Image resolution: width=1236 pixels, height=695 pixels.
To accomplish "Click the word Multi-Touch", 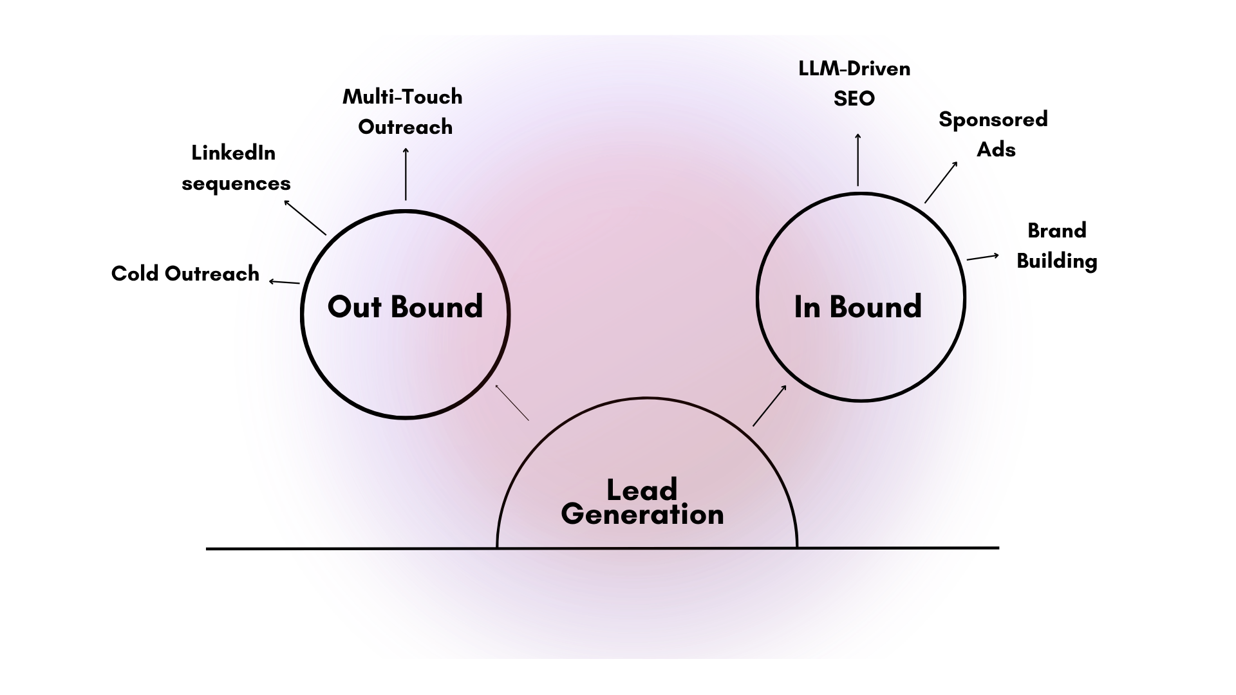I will [x=402, y=97].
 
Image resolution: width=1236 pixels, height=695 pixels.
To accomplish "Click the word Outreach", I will [x=406, y=127].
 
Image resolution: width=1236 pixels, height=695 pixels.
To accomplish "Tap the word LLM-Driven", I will [x=854, y=69].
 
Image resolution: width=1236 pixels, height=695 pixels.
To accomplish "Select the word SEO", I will [x=854, y=98].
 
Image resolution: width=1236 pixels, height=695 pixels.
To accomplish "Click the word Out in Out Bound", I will [x=355, y=307].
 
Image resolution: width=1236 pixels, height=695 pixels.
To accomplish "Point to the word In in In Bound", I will [x=807, y=307].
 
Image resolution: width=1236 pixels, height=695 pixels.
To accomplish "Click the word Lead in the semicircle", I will [x=642, y=490].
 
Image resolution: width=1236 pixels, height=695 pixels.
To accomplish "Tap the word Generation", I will [x=642, y=514].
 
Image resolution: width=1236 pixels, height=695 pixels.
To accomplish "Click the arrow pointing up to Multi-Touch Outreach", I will [x=406, y=174].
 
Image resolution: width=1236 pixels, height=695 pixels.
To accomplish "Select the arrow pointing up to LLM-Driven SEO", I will [x=857, y=160].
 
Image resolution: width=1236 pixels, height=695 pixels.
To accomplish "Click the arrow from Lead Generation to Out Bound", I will [x=512, y=403].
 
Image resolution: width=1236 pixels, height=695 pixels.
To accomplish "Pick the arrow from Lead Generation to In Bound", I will [x=770, y=405].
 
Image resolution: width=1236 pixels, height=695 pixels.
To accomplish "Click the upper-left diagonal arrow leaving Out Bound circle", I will [x=305, y=218].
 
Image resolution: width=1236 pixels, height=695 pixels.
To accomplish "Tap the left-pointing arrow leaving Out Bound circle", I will [x=284, y=282].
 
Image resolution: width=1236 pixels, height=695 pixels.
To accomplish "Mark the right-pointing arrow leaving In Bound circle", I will [x=983, y=257].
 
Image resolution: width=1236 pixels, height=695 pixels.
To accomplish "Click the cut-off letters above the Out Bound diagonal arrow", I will [x=281, y=185].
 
